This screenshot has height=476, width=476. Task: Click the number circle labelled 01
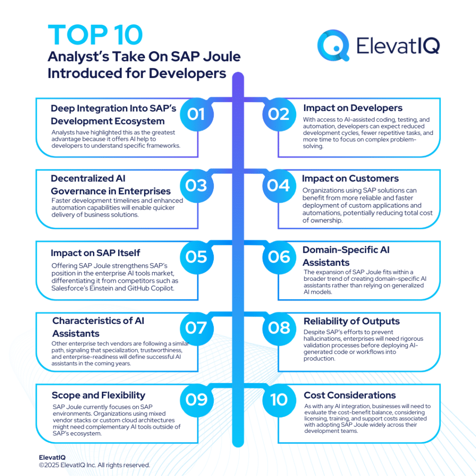(196, 114)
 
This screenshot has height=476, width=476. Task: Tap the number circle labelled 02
(279, 114)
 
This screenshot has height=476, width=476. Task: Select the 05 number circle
(196, 257)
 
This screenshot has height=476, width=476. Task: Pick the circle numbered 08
(279, 328)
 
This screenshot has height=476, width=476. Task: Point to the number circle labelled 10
(279, 399)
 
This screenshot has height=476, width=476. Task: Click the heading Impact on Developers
(353, 108)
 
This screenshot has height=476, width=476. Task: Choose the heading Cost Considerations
(350, 395)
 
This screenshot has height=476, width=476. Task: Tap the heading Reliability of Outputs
(351, 321)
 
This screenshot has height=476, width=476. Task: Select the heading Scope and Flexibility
(99, 395)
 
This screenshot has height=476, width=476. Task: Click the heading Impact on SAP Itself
(95, 253)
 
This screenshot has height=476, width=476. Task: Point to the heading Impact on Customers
(350, 178)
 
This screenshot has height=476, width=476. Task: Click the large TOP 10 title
(95, 36)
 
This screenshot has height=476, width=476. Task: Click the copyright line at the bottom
(94, 465)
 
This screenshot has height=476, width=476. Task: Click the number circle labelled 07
(196, 328)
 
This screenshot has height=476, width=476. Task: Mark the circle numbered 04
(279, 185)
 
